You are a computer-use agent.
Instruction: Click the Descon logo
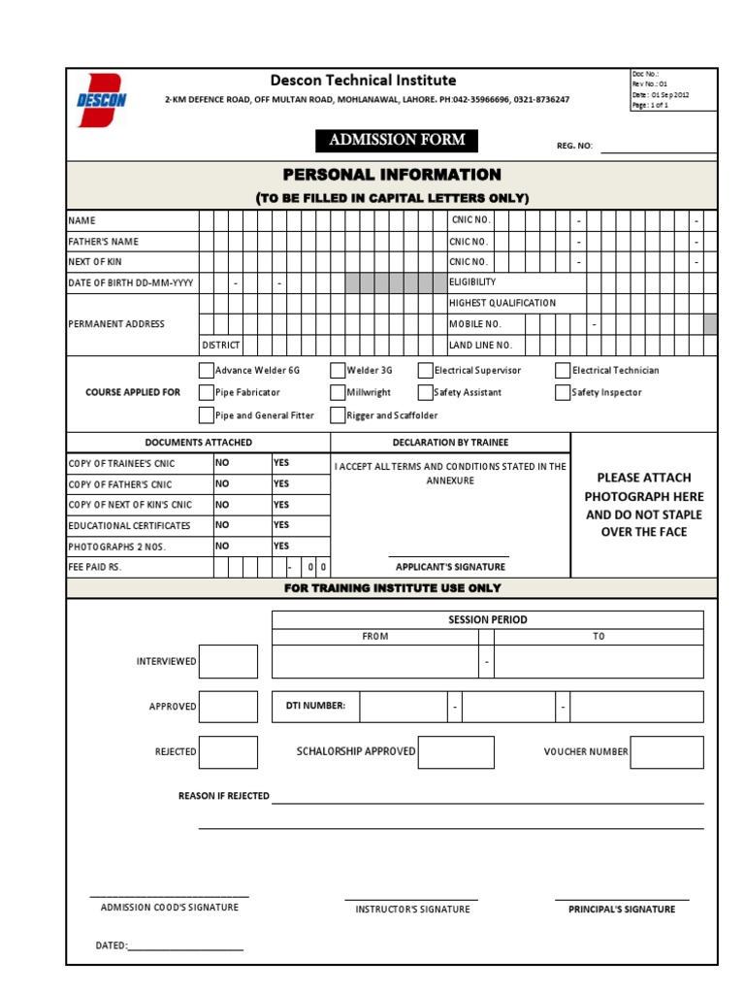tap(101, 100)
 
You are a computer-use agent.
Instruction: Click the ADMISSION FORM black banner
tap(397, 141)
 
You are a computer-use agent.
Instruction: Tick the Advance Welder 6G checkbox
tap(206, 370)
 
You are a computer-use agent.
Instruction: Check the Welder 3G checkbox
tap(338, 370)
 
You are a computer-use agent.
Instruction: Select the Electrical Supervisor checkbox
tap(426, 370)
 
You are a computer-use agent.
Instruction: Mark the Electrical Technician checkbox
tap(563, 370)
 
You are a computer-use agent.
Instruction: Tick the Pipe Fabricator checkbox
tap(206, 392)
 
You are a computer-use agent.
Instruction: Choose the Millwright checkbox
tap(338, 392)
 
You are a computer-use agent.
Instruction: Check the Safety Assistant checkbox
tap(426, 392)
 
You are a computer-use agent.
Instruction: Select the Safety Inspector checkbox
tap(563, 392)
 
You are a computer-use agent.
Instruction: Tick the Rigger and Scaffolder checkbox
tap(338, 415)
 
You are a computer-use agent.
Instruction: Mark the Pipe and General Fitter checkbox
tap(206, 415)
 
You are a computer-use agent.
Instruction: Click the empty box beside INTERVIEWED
tap(228, 661)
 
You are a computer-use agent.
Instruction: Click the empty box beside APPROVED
tap(228, 707)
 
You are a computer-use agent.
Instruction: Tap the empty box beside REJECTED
tap(228, 752)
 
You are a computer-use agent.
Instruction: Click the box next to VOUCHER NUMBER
tap(666, 752)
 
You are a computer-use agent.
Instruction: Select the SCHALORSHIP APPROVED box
tap(456, 752)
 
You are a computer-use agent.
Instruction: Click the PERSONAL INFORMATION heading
tap(392, 175)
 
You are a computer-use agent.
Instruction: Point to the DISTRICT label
tap(220, 346)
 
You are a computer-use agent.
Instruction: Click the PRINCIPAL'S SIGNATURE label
tap(622, 910)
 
